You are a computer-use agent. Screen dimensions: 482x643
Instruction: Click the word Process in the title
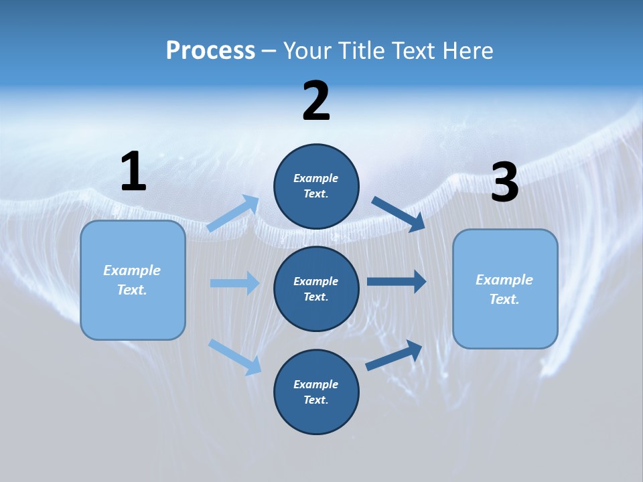(x=210, y=51)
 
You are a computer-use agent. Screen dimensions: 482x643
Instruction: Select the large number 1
(x=133, y=172)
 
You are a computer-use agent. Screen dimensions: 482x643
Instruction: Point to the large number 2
(x=316, y=102)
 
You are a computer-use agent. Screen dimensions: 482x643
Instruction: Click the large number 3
(x=504, y=183)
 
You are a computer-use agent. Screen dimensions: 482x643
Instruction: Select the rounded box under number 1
(x=133, y=280)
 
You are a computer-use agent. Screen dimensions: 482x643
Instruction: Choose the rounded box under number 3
(x=505, y=289)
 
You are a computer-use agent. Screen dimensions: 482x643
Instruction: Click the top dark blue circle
(x=316, y=185)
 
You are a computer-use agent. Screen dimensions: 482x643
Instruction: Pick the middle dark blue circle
(x=316, y=289)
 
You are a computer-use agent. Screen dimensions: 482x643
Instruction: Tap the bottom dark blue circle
(x=316, y=392)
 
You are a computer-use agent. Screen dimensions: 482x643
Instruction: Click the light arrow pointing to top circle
(x=234, y=213)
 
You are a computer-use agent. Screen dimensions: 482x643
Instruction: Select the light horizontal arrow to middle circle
(x=234, y=283)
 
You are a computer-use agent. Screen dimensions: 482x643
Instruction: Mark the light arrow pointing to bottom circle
(x=234, y=356)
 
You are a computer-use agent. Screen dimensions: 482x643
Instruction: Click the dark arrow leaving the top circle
(x=399, y=214)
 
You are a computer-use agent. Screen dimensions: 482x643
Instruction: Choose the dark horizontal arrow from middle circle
(x=397, y=281)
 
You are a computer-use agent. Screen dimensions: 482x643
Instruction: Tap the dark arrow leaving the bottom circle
(x=394, y=355)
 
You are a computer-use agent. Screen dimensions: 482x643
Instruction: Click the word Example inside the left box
(x=132, y=270)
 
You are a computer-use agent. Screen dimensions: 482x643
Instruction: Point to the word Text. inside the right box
(x=504, y=299)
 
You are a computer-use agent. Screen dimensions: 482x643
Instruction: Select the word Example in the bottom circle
(x=316, y=384)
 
